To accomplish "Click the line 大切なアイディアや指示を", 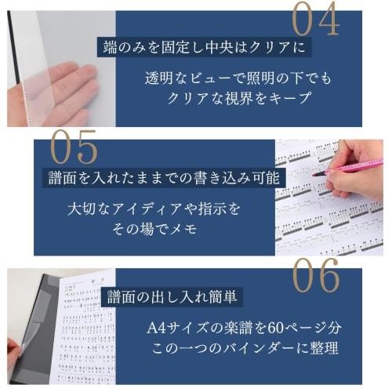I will (154, 209).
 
